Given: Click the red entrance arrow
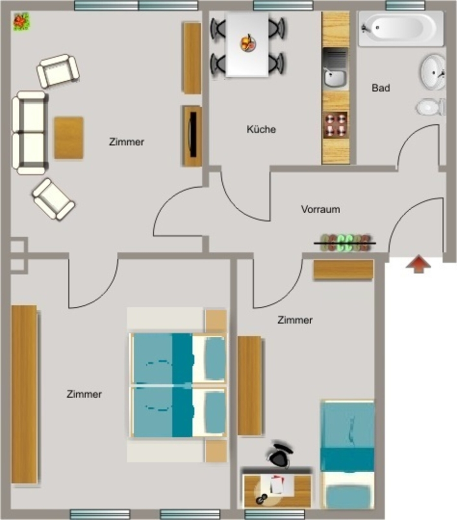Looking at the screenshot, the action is [x=418, y=264].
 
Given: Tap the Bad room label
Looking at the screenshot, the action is [x=381, y=88].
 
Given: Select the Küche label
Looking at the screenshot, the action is [x=261, y=129].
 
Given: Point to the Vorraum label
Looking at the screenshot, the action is [x=320, y=209].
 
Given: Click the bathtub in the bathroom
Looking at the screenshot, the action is [x=401, y=28].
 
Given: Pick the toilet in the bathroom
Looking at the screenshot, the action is [x=431, y=107].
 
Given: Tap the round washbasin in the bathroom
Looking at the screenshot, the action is [x=433, y=72].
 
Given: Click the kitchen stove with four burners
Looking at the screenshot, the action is [x=336, y=125].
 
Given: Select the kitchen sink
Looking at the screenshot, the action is [x=335, y=69].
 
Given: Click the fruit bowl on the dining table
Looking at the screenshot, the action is [x=248, y=43].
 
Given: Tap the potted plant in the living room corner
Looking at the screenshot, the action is [x=21, y=21].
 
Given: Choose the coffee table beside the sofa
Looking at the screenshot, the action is [x=69, y=138].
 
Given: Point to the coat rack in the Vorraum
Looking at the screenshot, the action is [x=345, y=243].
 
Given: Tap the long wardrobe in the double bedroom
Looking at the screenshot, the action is [x=24, y=394].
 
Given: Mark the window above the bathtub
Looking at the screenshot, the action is [x=405, y=5].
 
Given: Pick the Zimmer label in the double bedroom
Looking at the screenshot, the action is [x=84, y=394].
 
